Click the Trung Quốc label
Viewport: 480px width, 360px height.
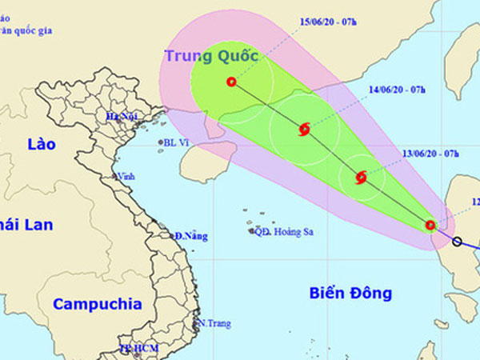point(214,56)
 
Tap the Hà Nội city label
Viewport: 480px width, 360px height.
point(123,117)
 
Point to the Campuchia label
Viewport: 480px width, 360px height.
point(98,305)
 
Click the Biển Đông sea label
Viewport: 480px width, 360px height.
point(350,294)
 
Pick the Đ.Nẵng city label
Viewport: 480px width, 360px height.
point(191,236)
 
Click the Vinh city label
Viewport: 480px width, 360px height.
point(126,176)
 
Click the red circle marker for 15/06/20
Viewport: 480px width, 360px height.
point(231,82)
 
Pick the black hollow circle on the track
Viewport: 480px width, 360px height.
point(457,242)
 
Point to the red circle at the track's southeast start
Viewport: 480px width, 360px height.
point(430,226)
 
